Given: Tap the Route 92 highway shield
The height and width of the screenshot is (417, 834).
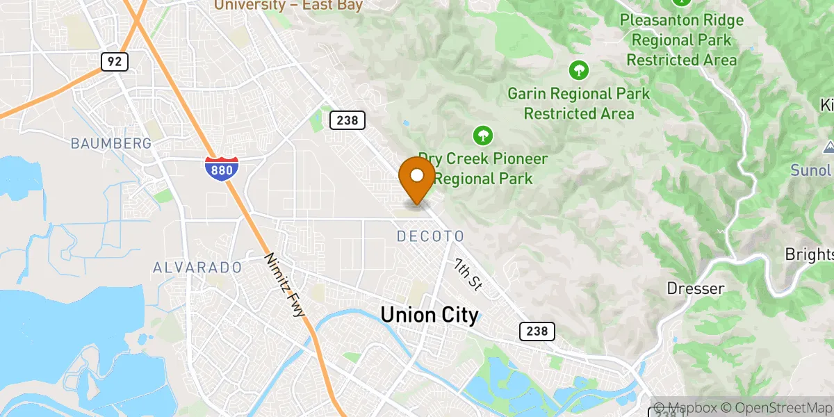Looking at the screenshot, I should coord(115,62).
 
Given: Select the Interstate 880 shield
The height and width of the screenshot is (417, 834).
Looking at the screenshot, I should coord(222,169).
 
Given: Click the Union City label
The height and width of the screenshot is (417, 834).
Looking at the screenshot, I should coord(429,316).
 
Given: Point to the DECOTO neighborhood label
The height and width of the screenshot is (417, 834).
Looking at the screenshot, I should coord(430,237).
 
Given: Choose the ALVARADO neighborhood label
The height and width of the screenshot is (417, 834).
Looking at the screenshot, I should coord(197,268).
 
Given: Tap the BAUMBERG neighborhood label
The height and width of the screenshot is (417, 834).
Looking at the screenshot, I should coord(111,144).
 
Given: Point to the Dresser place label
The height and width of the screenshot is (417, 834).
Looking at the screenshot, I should coord(695,288).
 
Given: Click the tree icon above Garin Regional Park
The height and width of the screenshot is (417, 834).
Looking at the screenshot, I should coord(578,69).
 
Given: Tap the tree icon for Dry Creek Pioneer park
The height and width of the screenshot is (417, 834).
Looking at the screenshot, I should coord(481,134).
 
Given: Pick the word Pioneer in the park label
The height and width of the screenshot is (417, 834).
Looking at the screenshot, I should coord(514,159).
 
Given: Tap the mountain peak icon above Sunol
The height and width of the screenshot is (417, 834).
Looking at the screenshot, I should coord(828,147).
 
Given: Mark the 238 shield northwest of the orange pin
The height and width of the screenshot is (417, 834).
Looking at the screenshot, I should coord(347,120).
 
